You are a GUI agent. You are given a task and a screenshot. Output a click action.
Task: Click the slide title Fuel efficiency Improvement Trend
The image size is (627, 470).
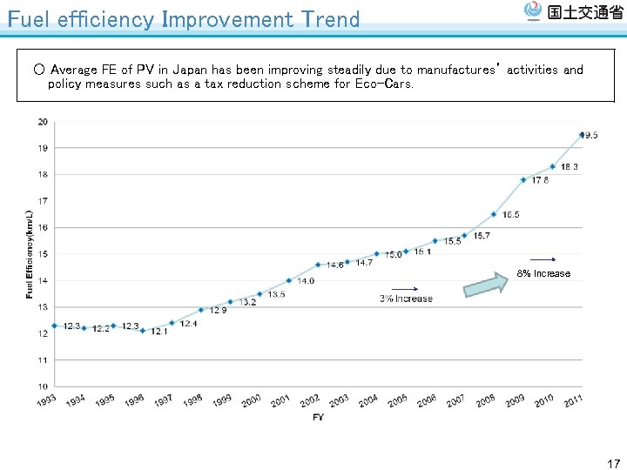pyautogui.click(x=183, y=19)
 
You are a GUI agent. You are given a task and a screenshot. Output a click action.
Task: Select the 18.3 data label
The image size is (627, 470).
pyautogui.click(x=569, y=167)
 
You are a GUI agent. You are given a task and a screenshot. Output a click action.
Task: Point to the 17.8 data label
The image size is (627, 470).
pyautogui.click(x=540, y=181)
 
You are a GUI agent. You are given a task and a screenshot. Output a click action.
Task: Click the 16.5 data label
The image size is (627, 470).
pyautogui.click(x=511, y=215)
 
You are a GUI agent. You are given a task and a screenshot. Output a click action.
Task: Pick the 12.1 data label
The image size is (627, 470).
pyautogui.click(x=158, y=332)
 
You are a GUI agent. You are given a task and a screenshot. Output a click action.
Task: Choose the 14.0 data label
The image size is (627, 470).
pyautogui.click(x=306, y=281)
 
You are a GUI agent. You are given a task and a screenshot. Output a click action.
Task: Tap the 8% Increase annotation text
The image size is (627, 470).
pyautogui.click(x=543, y=273)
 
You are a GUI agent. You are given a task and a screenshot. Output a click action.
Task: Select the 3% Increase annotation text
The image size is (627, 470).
pyautogui.click(x=406, y=299)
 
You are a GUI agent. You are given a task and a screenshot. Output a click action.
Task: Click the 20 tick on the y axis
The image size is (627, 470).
pyautogui.click(x=43, y=122)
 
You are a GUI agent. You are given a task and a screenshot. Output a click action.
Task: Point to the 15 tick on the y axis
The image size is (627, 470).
pyautogui.click(x=43, y=254)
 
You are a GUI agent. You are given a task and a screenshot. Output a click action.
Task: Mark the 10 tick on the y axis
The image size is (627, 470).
pyautogui.click(x=43, y=386)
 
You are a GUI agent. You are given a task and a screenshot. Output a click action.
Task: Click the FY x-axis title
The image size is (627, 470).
pyautogui.click(x=319, y=419)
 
